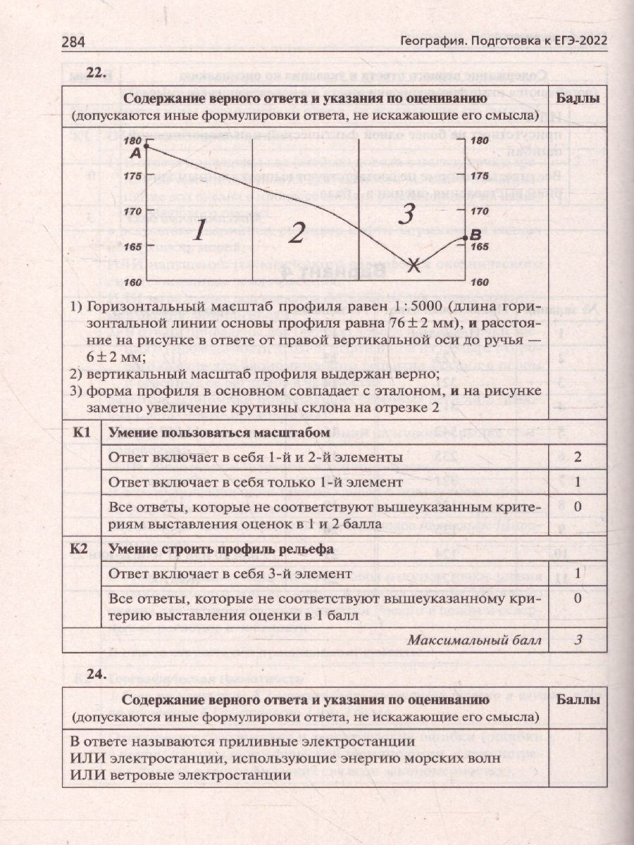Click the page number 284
[73, 42]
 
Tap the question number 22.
[95, 71]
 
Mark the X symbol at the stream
[415, 265]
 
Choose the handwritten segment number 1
[200, 230]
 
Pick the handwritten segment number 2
[297, 232]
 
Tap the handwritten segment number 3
[405, 213]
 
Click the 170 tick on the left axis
[132, 211]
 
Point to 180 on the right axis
[478, 140]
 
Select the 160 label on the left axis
[132, 282]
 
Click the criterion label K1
[82, 433]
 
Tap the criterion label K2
[82, 549]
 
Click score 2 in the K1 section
[577, 457]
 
